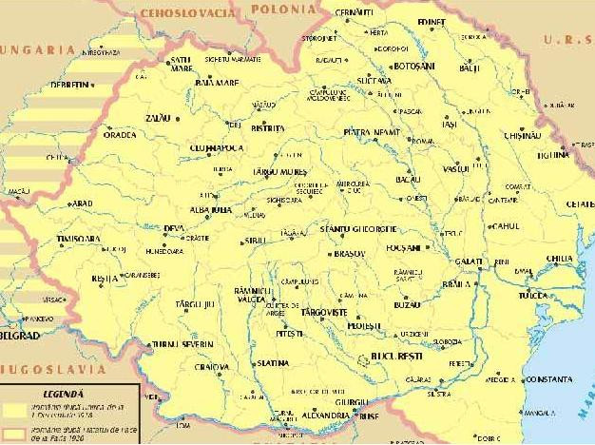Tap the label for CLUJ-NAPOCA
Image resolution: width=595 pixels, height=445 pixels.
tap(216, 148)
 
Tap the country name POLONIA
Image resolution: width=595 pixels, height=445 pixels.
tap(284, 9)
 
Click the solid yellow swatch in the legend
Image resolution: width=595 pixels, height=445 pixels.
tap(13, 407)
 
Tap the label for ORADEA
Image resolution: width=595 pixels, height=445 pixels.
tap(120, 135)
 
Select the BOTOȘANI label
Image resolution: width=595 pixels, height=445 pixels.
tap(413, 67)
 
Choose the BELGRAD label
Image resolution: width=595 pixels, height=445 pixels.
tap(19, 336)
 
